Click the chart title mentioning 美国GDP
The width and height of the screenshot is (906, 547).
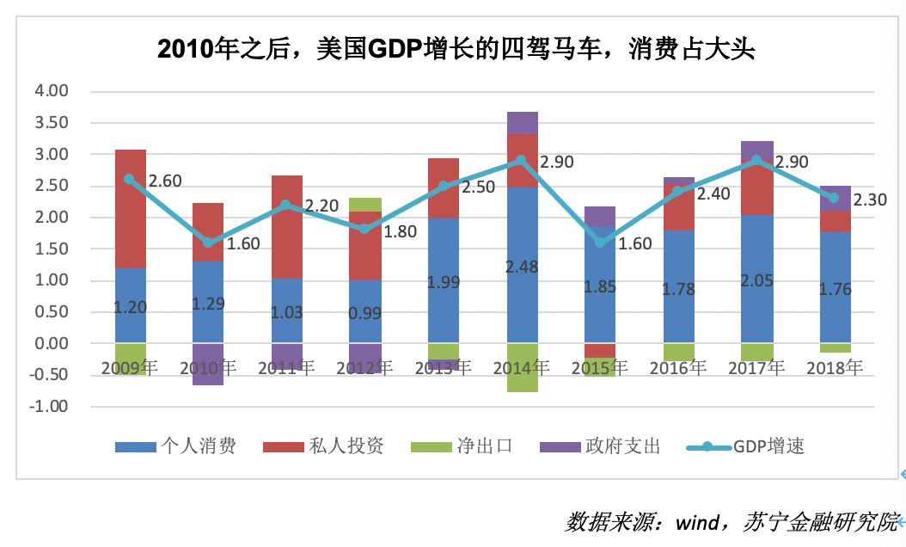(456, 49)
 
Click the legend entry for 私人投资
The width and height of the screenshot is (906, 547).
(322, 446)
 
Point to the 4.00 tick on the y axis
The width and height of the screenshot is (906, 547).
(51, 91)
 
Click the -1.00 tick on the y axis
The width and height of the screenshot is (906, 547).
(48, 406)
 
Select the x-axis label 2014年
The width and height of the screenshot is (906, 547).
(520, 368)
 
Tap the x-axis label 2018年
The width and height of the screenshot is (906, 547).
(834, 368)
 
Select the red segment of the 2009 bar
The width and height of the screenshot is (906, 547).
(131, 209)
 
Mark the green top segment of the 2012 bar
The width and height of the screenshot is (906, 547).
(365, 205)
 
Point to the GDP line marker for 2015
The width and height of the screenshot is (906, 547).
(600, 243)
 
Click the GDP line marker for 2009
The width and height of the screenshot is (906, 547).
(130, 179)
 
